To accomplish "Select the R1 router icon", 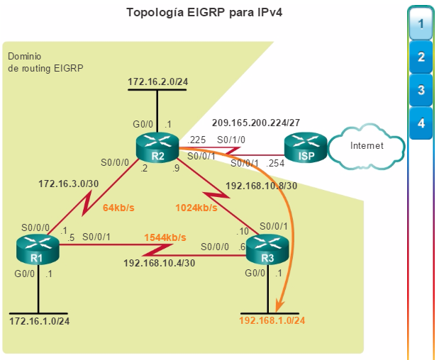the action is point(38,249).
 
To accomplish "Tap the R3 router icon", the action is point(267,249).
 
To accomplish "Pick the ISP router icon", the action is point(306,147).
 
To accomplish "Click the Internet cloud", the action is point(366,146).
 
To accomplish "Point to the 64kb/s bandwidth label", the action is point(118,208).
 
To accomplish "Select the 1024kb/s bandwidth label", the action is point(196,208).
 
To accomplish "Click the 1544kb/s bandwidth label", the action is point(165,237).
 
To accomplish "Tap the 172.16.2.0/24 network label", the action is point(158,81).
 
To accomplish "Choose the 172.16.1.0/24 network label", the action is point(40,321).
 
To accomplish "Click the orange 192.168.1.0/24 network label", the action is point(272,320).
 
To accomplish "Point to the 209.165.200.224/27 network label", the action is point(256,123).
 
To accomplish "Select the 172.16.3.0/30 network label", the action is point(69,184).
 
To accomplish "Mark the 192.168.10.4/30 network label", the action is point(160,263).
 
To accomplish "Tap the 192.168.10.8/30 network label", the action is point(262,186).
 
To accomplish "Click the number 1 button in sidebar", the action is point(421,24).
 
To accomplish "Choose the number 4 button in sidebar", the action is point(421,123).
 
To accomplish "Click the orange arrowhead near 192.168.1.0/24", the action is point(279,305).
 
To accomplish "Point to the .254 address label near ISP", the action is point(275,164).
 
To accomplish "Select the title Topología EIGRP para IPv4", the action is point(204,13).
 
